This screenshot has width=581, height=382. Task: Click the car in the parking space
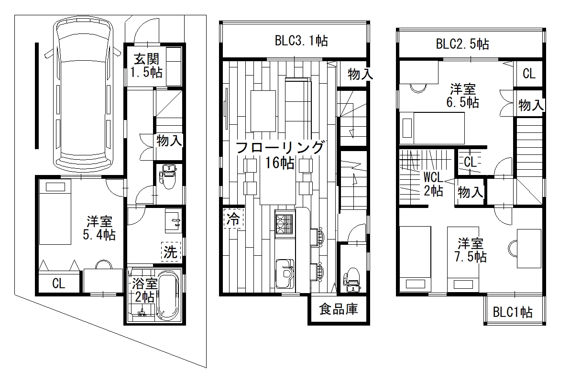[83, 95]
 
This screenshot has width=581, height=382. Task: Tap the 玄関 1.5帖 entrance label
[146, 66]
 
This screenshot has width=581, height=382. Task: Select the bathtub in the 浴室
[168, 296]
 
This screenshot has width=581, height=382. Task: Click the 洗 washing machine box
[171, 251]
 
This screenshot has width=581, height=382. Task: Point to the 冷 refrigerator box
[233, 218]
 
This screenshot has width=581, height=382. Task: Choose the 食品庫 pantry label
[339, 309]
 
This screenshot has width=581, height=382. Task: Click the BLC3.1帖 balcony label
[301, 41]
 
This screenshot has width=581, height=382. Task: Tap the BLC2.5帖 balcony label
[462, 44]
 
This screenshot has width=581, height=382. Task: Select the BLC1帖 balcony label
[513, 312]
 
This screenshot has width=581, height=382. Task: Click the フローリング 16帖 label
[280, 155]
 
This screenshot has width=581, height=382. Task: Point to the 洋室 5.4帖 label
[99, 228]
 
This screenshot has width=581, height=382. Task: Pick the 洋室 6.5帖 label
[463, 96]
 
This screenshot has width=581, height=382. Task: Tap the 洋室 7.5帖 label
[470, 250]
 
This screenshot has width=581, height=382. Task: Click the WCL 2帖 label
[433, 184]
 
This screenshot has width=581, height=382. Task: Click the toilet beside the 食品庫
[352, 280]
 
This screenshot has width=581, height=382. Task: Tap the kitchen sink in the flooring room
[285, 274]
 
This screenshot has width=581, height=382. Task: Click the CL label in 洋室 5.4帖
[58, 283]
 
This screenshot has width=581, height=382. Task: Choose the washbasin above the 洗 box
[173, 220]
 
